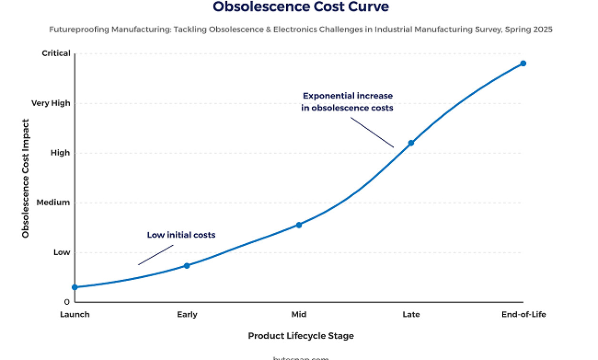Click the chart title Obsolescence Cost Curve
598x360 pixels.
coord(300,7)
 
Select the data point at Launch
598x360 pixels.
coord(75,287)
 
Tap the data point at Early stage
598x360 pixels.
coord(187,266)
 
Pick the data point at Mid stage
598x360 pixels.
coord(299,225)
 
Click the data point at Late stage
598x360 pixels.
coord(411,143)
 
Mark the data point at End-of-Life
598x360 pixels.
coord(523,63)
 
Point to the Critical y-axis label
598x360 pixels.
coord(56,53)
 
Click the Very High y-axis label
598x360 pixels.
coord(50,103)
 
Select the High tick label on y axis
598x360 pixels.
coord(60,153)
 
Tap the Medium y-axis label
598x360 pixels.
coord(53,202)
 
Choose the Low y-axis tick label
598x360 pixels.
coord(61,252)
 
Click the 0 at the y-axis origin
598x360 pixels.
coord(67,302)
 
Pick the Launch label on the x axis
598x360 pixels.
coord(75,314)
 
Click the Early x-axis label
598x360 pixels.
coord(187,314)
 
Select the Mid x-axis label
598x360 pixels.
coord(299,314)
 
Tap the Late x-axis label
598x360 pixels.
coord(411,314)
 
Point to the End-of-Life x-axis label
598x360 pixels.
coord(524,314)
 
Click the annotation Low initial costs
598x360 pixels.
coord(181,235)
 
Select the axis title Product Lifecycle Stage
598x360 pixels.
coord(301,336)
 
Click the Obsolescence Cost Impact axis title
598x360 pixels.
coord(25,179)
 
